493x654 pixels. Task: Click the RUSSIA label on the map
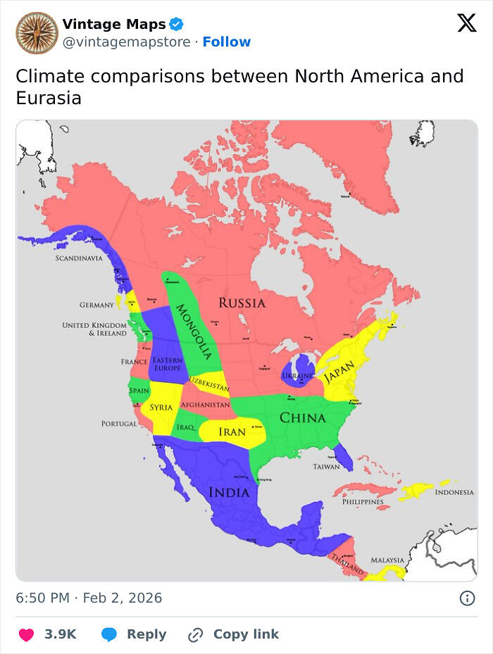coord(242,303)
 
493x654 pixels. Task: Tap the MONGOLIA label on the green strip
coord(193,330)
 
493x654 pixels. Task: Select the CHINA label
coord(303,417)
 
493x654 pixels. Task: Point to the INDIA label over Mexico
coord(229,492)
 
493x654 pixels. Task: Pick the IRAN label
coord(232,432)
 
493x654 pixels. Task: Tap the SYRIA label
coord(161,408)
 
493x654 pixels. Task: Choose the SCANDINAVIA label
coord(79,258)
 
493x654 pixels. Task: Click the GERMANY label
coord(96,305)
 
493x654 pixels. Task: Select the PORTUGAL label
coord(119,424)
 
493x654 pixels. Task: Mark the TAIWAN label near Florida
coord(326,467)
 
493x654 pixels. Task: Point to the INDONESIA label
coord(454,492)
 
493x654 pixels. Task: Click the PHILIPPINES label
coord(363,502)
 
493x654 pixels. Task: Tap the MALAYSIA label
coord(387,560)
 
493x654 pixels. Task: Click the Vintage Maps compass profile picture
coord(37,33)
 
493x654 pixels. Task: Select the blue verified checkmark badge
coord(177,25)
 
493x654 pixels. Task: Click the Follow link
coord(227,42)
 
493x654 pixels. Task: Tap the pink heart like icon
coord(26,634)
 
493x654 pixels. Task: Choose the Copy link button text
coord(246,634)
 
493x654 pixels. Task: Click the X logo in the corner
coord(466,23)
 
